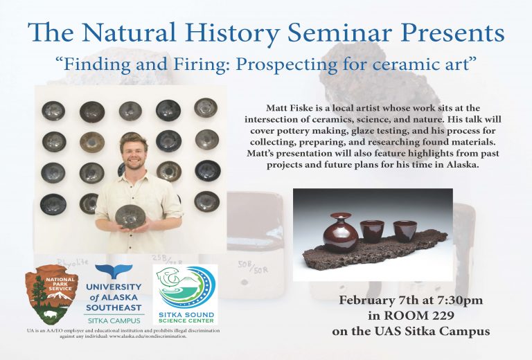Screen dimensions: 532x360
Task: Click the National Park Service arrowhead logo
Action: pyautogui.click(x=51, y=294)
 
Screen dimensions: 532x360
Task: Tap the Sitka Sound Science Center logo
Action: pyautogui.click(x=186, y=294)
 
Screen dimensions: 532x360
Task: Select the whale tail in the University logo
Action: pyautogui.click(x=114, y=271)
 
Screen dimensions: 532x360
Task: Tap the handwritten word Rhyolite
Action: pyautogui.click(x=73, y=262)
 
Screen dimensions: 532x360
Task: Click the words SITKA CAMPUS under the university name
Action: pyautogui.click(x=114, y=321)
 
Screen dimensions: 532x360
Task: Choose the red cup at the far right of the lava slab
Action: pyautogui.click(x=405, y=231)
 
